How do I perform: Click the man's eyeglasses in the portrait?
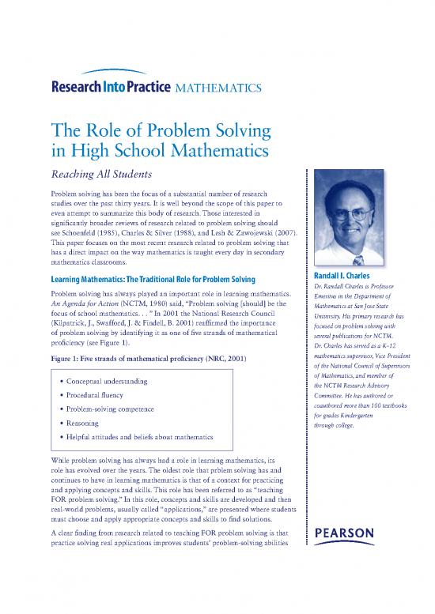point(353,214)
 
